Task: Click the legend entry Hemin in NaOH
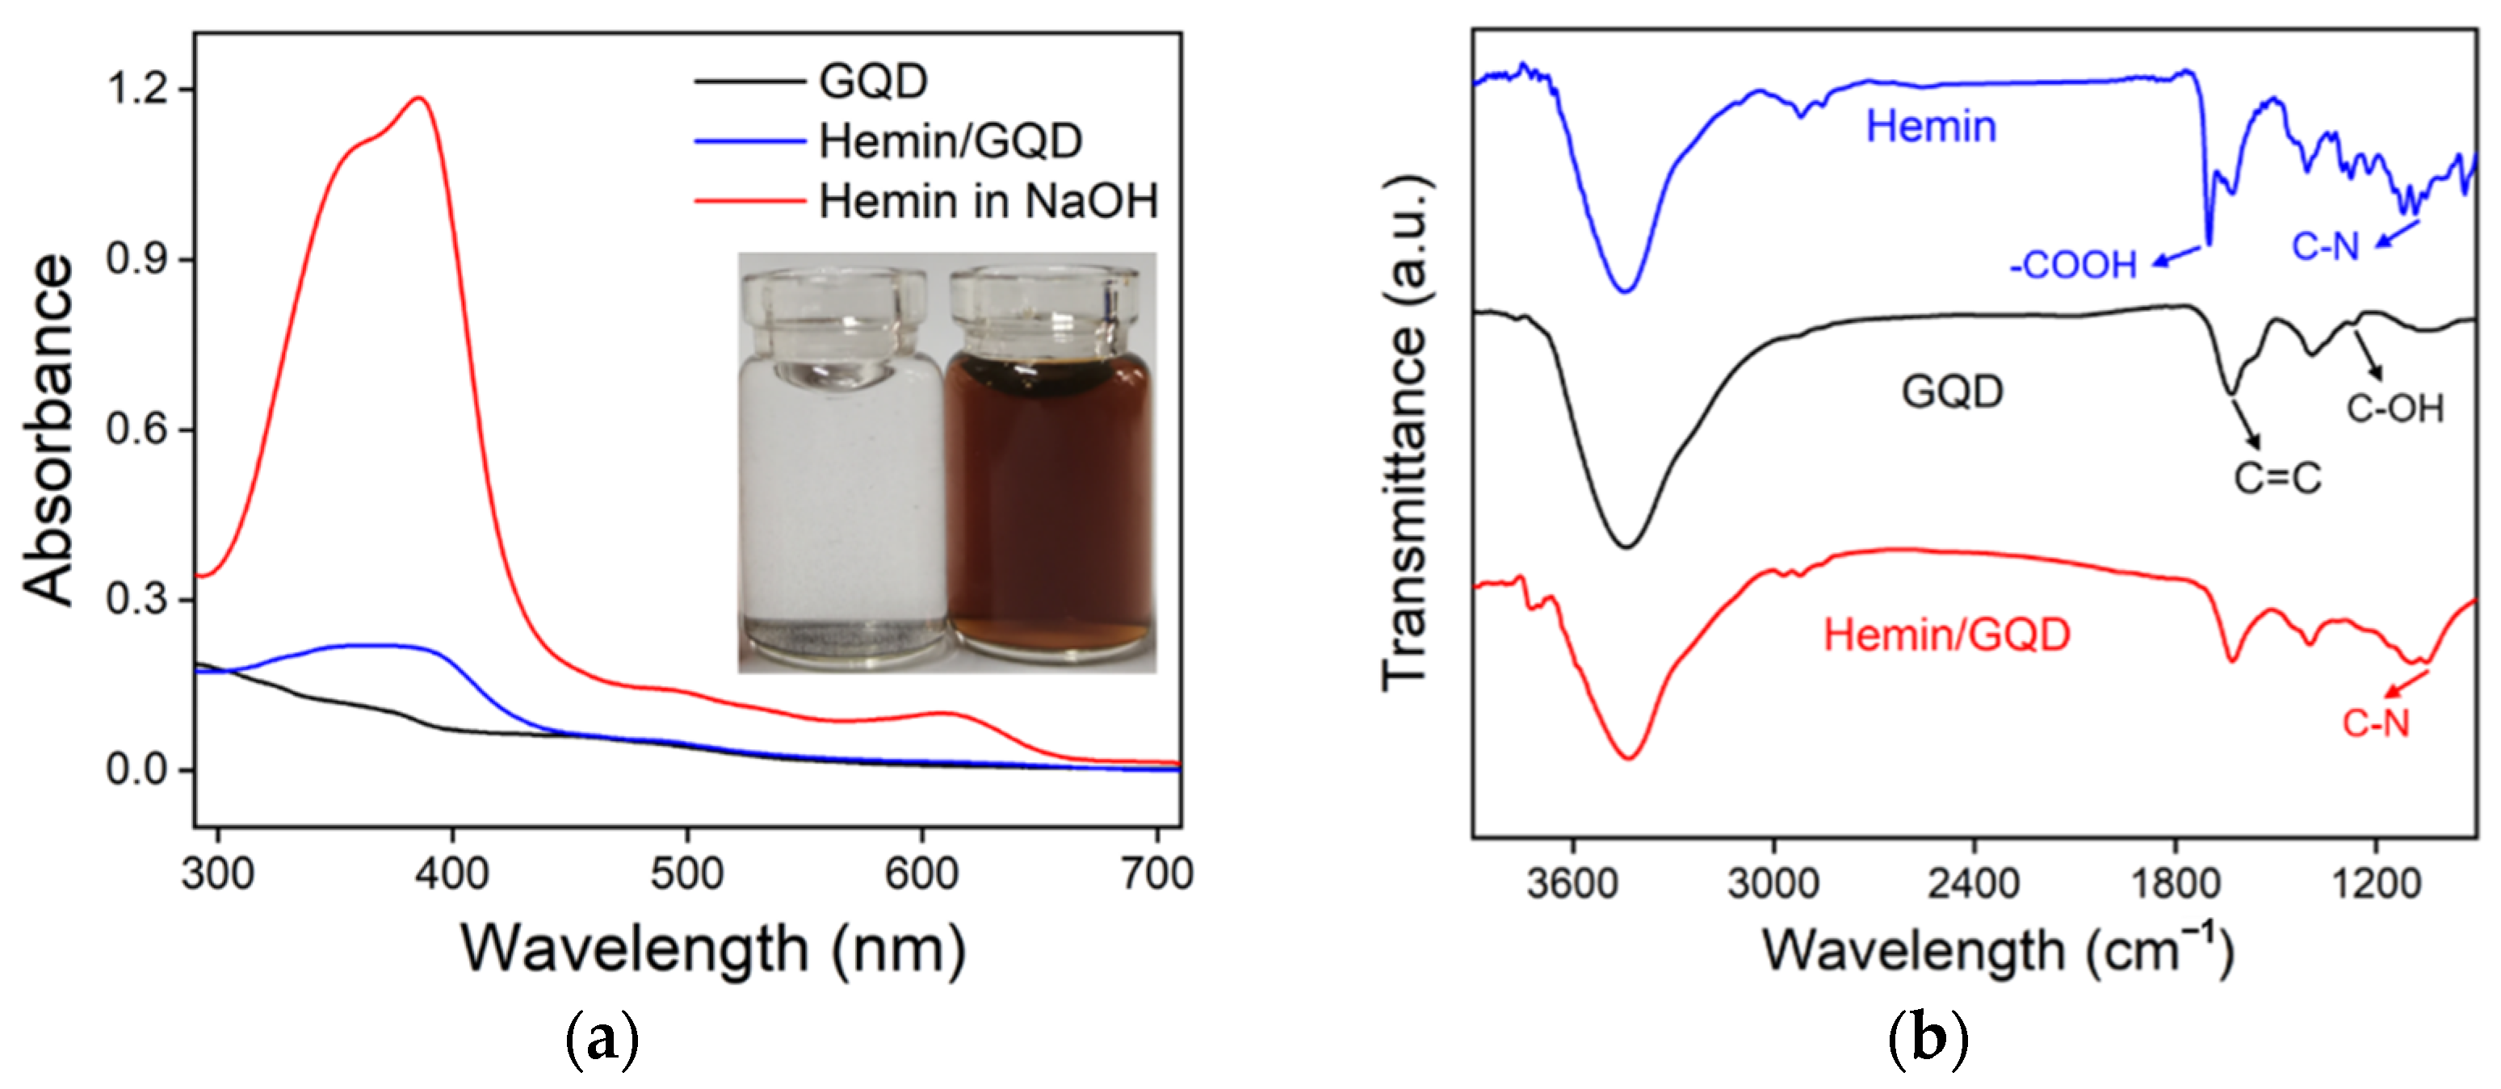(x=988, y=202)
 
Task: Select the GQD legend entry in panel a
(x=873, y=81)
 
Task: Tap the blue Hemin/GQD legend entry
(x=950, y=142)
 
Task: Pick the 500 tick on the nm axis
(x=686, y=874)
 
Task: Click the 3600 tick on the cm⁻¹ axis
(x=1572, y=884)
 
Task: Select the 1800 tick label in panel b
(x=2175, y=884)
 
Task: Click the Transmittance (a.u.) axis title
(x=1405, y=432)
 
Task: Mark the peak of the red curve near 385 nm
(x=419, y=97)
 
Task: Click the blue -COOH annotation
(x=2073, y=265)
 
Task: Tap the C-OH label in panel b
(x=2394, y=408)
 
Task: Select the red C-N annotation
(x=2375, y=723)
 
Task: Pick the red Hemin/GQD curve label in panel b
(x=1947, y=635)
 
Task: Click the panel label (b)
(x=1927, y=1038)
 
